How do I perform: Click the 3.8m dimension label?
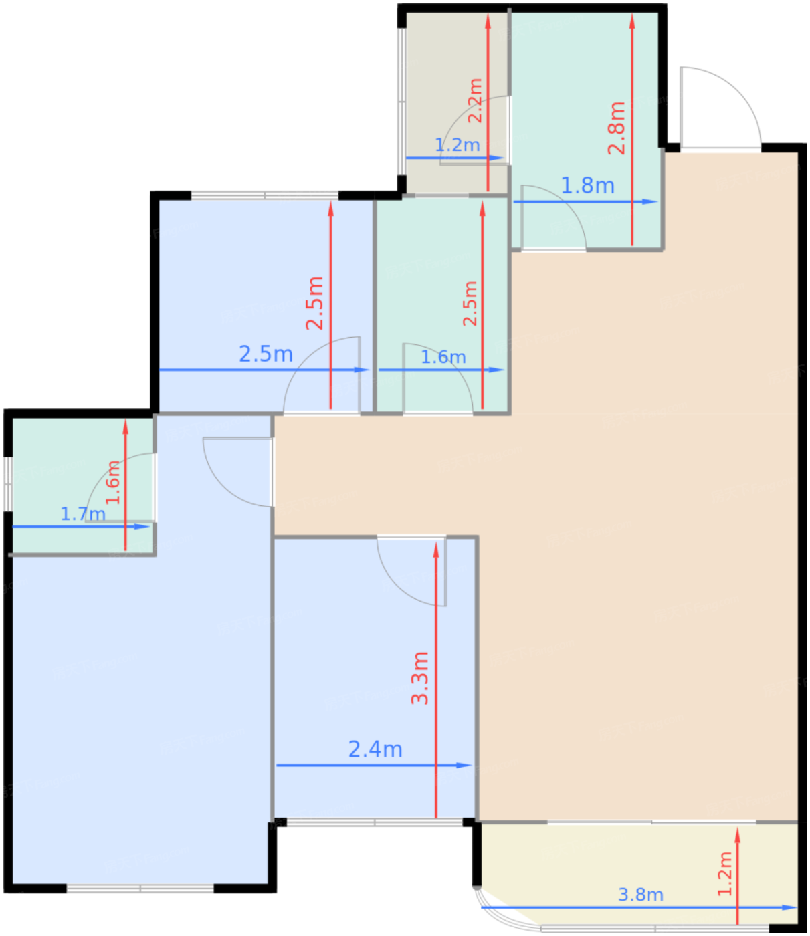[x=640, y=895]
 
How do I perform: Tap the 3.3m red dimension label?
[x=420, y=678]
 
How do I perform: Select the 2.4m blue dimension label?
[x=375, y=749]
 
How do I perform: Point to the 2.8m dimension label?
[x=616, y=128]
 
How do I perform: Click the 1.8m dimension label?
[x=587, y=186]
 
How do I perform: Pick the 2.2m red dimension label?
[x=475, y=100]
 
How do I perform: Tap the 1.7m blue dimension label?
[x=83, y=514]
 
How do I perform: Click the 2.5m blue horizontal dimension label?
[x=266, y=354]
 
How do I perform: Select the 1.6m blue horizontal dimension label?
[x=443, y=357]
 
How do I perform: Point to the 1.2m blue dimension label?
[x=457, y=145]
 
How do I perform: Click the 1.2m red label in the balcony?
[x=725, y=874]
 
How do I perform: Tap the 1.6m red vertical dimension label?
[x=113, y=483]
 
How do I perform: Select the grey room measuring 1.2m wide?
[x=457, y=102]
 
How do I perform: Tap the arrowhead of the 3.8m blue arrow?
[x=789, y=907]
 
